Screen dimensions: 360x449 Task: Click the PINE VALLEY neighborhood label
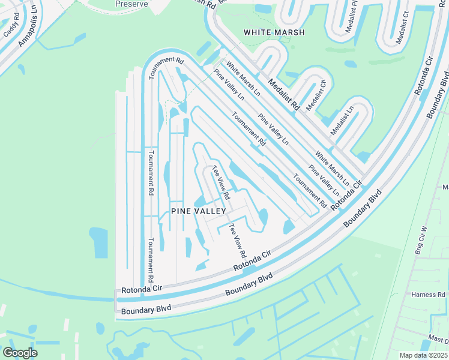[198, 211]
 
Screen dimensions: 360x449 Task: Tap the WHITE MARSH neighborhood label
[274, 32]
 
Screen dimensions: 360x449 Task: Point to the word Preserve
[131, 3]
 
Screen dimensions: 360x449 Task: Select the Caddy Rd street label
[11, 28]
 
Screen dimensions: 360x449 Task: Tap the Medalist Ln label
[343, 121]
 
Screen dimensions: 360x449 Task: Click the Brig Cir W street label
[420, 240]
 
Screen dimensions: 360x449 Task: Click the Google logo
[20, 353]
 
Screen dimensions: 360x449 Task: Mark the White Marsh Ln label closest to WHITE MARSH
[243, 77]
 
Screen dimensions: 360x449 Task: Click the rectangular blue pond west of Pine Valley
[98, 242]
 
